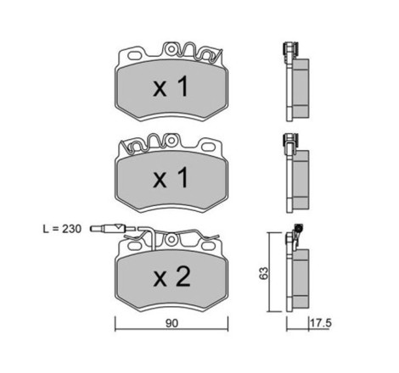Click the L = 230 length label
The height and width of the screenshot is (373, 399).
(x=62, y=229)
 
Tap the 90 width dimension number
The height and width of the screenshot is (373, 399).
(x=172, y=323)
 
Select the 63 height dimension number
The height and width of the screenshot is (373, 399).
(x=263, y=273)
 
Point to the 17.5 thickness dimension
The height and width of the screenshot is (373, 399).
(x=321, y=323)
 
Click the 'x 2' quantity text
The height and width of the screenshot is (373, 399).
(x=171, y=277)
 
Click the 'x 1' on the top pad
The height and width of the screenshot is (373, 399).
(x=171, y=86)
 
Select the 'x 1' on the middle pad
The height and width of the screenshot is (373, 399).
(x=171, y=177)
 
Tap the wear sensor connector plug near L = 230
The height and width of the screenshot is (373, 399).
(x=108, y=228)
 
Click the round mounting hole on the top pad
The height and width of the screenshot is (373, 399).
(x=171, y=49)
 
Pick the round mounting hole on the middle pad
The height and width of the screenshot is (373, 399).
(x=171, y=141)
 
